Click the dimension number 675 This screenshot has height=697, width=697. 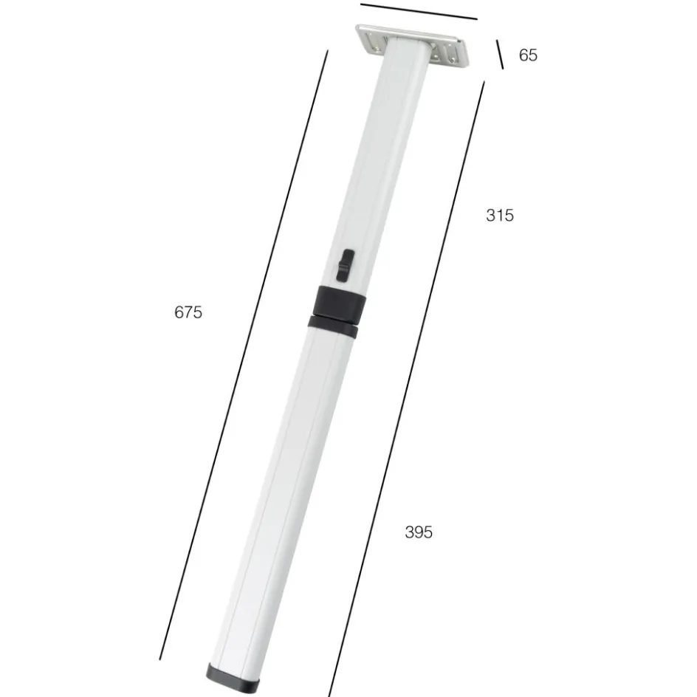point(188,312)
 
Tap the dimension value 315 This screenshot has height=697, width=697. point(500,215)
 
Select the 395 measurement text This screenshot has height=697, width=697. point(419,532)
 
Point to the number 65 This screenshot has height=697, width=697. point(528,55)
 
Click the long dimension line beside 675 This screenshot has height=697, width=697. point(244,354)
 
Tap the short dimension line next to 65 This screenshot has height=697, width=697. point(500,54)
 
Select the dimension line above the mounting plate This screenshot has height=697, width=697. point(419,12)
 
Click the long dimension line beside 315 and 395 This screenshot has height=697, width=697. point(407,389)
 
